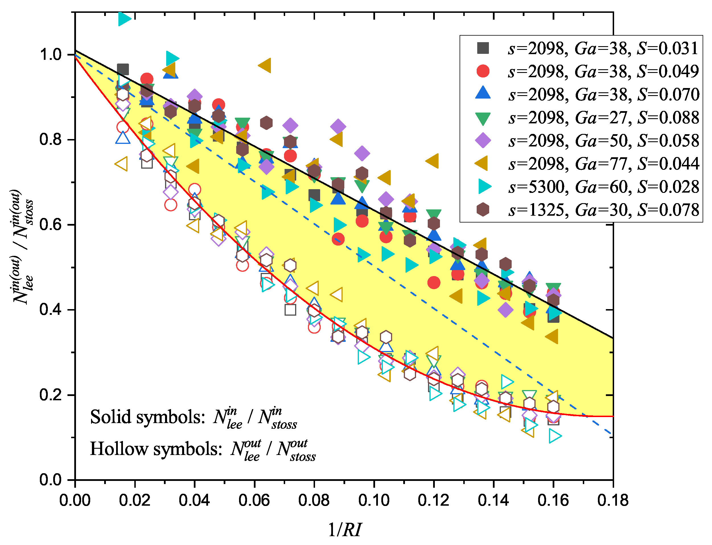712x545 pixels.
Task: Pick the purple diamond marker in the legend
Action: pos(483,140)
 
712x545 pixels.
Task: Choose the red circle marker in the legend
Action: pos(483,71)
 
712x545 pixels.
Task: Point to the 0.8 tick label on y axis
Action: pos(50,140)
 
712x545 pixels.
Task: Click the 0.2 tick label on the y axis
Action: pos(50,395)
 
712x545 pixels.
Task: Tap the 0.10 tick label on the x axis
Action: pos(374,501)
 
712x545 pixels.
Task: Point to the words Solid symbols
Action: pos(147,417)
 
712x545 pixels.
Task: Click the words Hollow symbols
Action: pos(156,449)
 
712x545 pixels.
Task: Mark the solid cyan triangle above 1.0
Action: pos(124,19)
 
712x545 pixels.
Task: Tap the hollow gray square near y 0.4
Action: pos(290,310)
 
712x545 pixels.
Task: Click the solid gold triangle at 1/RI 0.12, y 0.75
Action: pos(432,161)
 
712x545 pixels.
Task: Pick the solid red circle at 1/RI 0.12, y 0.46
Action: pos(434,283)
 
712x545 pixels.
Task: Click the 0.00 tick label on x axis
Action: pos(75,501)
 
